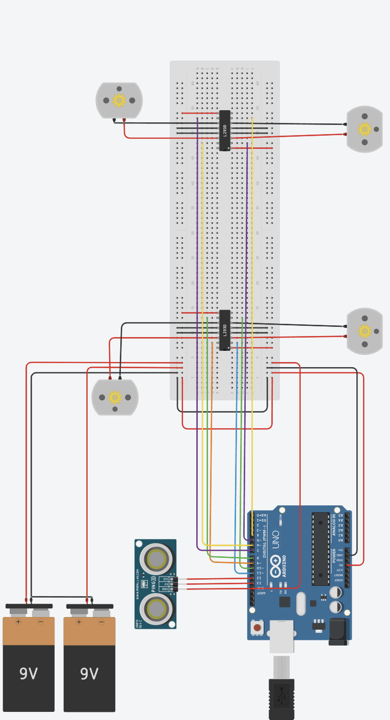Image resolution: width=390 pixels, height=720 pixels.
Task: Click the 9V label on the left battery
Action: (x=29, y=674)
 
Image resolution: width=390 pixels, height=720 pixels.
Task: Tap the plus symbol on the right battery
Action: (x=79, y=622)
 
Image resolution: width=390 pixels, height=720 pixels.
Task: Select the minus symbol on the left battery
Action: (x=41, y=622)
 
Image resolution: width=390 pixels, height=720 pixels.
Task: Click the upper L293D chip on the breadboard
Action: (x=225, y=131)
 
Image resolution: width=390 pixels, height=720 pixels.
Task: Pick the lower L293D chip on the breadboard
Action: (x=225, y=330)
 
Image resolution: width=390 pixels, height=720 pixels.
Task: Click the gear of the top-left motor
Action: (x=119, y=100)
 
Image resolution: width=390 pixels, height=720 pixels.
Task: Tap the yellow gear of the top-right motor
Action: (x=365, y=129)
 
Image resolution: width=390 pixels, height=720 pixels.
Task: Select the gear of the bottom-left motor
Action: (x=115, y=397)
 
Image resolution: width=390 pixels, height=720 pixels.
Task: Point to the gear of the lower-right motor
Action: (x=365, y=331)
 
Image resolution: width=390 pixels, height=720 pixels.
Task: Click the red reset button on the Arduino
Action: (x=257, y=627)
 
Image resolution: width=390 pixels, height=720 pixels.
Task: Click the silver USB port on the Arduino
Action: (x=282, y=636)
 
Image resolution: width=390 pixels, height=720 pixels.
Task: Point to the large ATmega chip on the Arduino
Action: (x=321, y=549)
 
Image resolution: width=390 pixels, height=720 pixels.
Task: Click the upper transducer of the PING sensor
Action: (x=156, y=559)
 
